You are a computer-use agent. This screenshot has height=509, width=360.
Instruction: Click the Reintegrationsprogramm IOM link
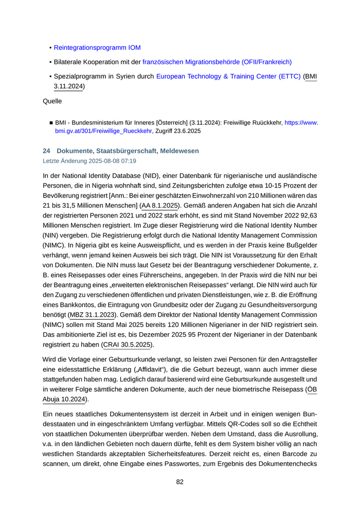97,48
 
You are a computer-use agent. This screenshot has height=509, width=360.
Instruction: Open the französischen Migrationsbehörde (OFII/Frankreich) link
217,62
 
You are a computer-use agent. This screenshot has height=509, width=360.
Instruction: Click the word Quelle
52,101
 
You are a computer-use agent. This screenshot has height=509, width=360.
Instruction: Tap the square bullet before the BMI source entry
51,123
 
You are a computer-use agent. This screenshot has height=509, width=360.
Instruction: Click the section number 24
46,151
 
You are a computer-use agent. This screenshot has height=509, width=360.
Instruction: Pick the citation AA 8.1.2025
159,206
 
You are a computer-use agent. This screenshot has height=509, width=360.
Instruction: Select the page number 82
180,482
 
